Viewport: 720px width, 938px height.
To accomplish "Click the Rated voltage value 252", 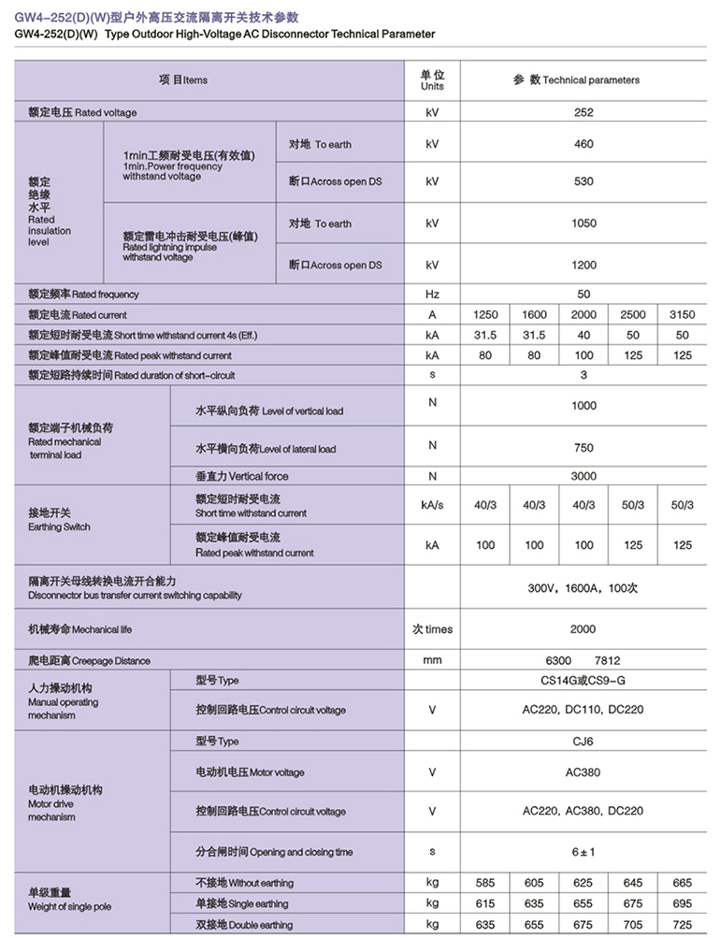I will (x=583, y=112).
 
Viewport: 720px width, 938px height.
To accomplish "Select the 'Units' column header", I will (x=432, y=80).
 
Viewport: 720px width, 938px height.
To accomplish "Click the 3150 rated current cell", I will (x=683, y=315).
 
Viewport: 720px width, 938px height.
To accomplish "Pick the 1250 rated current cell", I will (x=485, y=315).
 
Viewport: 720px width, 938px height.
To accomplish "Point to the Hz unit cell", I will (x=432, y=295).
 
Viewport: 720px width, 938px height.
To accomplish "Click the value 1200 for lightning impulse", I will (x=583, y=265).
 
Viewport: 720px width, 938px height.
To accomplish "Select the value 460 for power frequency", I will (x=583, y=144).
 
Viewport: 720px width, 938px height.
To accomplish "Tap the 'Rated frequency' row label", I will (x=83, y=295).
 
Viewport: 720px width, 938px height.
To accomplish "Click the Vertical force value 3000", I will (x=583, y=476).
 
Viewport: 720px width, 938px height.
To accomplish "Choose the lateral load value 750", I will (x=583, y=447).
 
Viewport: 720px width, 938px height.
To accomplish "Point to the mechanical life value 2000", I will (x=583, y=629).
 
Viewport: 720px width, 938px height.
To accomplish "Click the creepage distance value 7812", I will (x=608, y=660).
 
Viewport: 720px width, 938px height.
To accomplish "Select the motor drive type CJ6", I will (x=583, y=742).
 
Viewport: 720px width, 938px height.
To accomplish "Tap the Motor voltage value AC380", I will (x=583, y=772).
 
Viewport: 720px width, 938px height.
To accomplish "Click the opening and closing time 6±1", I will (x=583, y=852).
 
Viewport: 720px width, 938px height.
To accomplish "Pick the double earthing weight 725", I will (x=683, y=925).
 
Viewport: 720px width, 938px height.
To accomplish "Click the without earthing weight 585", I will (x=485, y=883).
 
